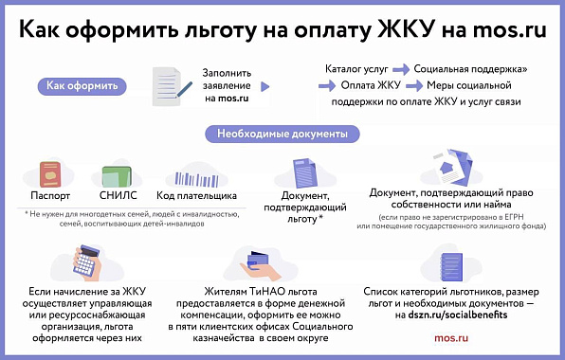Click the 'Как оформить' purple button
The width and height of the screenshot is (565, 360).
click(82, 86)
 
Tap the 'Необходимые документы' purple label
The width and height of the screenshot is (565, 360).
click(282, 134)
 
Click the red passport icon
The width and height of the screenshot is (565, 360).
click(50, 174)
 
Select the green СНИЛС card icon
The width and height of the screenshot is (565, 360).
click(117, 176)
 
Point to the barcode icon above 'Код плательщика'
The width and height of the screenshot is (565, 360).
click(196, 179)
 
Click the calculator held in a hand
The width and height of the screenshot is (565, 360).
click(86, 262)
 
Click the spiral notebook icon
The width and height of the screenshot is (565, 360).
click(451, 267)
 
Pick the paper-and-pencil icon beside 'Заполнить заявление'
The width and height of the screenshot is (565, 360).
click(170, 87)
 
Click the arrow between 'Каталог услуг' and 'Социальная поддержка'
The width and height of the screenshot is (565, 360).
click(401, 69)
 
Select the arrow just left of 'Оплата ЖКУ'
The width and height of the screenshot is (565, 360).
click(327, 85)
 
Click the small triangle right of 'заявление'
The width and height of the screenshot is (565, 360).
click(265, 86)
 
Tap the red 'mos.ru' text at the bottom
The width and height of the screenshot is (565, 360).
click(451, 338)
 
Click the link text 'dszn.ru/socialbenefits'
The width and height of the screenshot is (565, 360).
click(458, 315)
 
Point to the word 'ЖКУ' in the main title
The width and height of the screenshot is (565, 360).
click(406, 29)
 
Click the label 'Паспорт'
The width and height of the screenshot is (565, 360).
click(50, 196)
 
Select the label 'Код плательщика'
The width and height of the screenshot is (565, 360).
click(197, 196)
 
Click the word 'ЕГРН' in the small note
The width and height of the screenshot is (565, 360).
click(514, 218)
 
